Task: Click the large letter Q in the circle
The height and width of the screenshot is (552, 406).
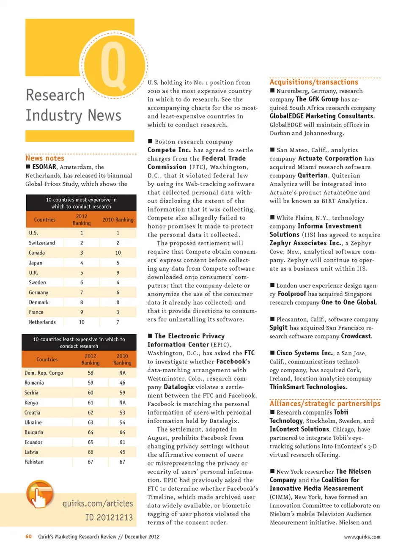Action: [x=113, y=66]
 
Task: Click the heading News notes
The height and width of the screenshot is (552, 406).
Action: [x=45, y=158]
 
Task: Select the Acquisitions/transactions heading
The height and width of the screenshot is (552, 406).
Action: [x=314, y=82]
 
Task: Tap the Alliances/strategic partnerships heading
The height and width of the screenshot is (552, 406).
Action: [x=325, y=404]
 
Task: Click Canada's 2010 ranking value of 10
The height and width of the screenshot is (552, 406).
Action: [x=118, y=253]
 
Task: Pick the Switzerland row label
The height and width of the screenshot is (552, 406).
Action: [x=42, y=243]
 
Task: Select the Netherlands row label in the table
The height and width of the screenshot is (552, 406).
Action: [x=42, y=322]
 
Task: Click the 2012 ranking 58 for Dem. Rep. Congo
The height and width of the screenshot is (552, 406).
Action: [x=91, y=373]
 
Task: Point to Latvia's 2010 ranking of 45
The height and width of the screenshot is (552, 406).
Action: [x=122, y=452]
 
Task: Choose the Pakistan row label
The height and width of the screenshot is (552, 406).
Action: [x=34, y=462]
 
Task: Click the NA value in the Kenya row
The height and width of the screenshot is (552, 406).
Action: [x=122, y=403]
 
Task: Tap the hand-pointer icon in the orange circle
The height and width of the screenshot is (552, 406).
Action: [x=39, y=494]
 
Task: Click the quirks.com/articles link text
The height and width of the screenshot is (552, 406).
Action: [x=98, y=503]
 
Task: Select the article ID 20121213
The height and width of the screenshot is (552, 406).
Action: [x=109, y=518]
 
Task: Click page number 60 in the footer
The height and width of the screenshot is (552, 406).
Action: [x=28, y=536]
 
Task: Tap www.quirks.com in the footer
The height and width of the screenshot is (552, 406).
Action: [x=362, y=537]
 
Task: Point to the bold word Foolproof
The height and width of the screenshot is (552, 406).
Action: [x=292, y=294]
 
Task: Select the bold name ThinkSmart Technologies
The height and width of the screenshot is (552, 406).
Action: [x=308, y=387]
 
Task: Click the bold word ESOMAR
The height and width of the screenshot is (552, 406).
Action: [x=44, y=167]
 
